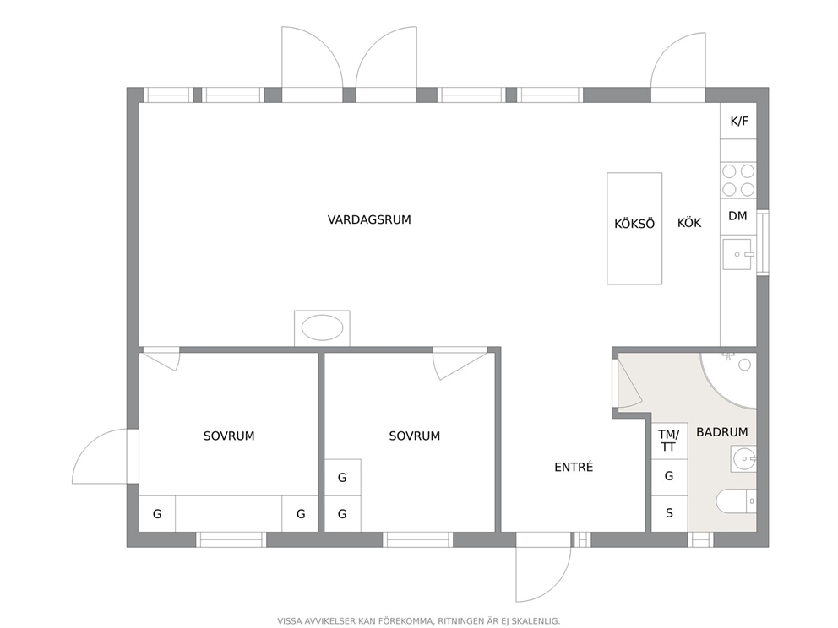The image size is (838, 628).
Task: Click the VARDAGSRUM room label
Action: (x=369, y=219)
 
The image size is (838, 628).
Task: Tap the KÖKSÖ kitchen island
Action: (x=634, y=229)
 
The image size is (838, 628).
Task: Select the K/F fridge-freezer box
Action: (x=738, y=121)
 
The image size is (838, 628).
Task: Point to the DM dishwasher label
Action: (x=737, y=216)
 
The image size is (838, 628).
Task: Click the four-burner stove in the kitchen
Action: (x=738, y=181)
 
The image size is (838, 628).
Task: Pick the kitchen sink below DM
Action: (x=737, y=254)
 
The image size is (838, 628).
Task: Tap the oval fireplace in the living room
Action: (x=322, y=328)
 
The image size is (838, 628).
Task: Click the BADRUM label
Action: (x=722, y=432)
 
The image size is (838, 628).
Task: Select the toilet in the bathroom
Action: (x=736, y=501)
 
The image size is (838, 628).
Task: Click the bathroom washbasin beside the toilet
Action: (x=743, y=459)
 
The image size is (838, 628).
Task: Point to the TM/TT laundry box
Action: (x=669, y=441)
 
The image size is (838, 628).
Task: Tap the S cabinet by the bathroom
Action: (x=669, y=514)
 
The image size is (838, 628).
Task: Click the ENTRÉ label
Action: (x=574, y=468)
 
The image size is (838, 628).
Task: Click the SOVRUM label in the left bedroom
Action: (x=229, y=436)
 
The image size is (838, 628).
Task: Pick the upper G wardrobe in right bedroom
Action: (x=343, y=478)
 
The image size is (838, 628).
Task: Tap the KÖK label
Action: (x=689, y=223)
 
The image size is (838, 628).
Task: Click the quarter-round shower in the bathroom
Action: (x=729, y=381)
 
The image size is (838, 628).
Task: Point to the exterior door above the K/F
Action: (x=678, y=68)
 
